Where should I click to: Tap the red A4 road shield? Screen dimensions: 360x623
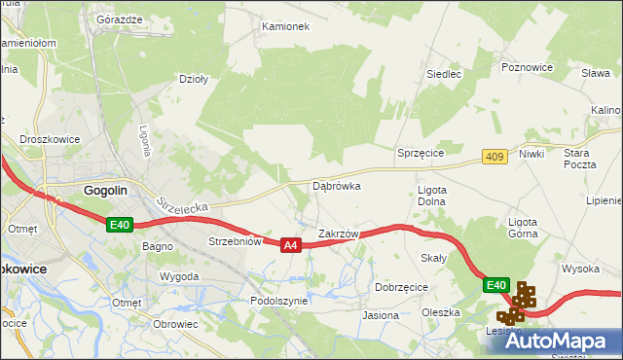tap(290, 246)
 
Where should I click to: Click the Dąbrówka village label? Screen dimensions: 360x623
tap(336, 185)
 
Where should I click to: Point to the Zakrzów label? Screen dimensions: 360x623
tap(339, 234)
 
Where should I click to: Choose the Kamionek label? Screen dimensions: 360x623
tap(285, 26)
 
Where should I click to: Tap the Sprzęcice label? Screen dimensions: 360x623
tap(421, 154)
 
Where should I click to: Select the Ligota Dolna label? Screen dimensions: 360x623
tap(430, 195)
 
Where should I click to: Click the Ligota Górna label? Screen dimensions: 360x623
tap(530, 228)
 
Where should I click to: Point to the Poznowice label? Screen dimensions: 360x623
tap(527, 67)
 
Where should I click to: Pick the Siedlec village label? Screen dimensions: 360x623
tap(444, 73)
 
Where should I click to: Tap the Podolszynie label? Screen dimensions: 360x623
tap(278, 302)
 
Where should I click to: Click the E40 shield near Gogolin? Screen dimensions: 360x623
tap(119, 225)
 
